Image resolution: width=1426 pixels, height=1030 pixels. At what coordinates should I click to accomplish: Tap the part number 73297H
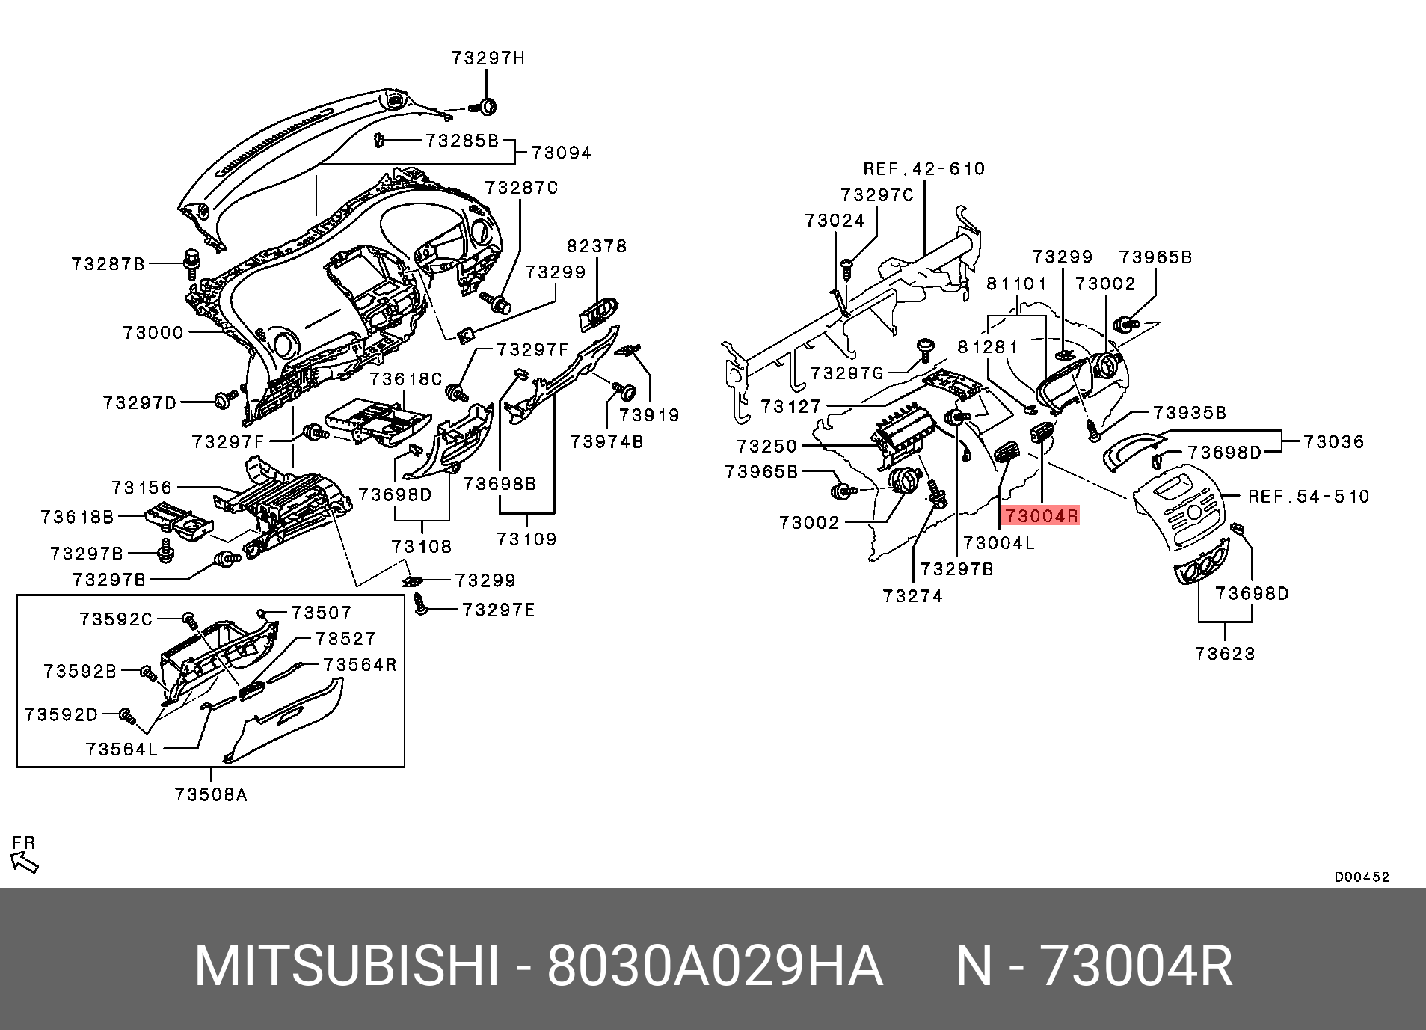point(488,58)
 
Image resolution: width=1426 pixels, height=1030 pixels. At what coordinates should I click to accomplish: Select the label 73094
point(562,153)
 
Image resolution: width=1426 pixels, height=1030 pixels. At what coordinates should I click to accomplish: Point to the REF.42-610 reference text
point(924,169)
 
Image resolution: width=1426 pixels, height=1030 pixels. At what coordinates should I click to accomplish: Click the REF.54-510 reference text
point(1309,496)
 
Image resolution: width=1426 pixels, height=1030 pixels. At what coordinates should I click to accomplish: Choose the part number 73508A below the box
point(211,794)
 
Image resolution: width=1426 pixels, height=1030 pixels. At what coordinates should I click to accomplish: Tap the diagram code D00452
point(1362,877)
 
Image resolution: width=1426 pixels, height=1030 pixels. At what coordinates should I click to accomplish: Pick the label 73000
point(154,333)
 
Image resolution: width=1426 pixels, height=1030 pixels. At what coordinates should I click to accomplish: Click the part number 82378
point(597,246)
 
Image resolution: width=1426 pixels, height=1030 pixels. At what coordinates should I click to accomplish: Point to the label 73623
point(1226,654)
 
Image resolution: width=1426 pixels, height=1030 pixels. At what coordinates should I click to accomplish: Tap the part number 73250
point(767,447)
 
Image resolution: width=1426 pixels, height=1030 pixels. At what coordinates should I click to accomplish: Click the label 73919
point(649,415)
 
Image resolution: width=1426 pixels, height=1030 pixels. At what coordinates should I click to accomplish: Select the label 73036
point(1334,442)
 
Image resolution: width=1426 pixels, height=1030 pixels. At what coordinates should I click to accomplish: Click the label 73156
point(142,488)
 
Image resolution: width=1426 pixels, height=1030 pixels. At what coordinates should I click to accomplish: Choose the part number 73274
point(913,596)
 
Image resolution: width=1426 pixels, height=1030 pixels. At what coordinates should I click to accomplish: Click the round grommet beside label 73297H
point(488,107)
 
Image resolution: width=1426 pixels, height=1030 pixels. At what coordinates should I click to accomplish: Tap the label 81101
point(1017,283)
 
